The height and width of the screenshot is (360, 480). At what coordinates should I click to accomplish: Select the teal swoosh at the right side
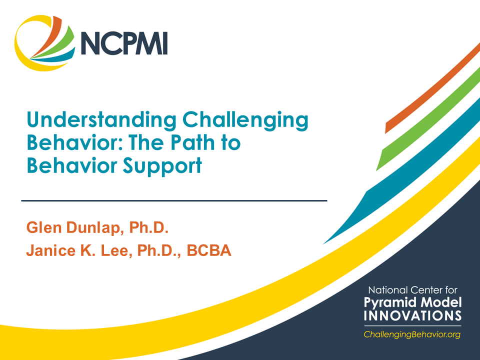pyautogui.click(x=400, y=185)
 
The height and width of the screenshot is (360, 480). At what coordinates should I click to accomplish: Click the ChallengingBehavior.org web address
pyautogui.click(x=411, y=334)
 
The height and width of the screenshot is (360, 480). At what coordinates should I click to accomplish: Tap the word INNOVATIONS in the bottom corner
pyautogui.click(x=412, y=315)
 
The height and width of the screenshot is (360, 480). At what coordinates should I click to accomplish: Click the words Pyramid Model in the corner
pyautogui.click(x=412, y=302)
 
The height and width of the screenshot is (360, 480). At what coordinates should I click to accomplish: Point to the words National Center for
pyautogui.click(x=412, y=290)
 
